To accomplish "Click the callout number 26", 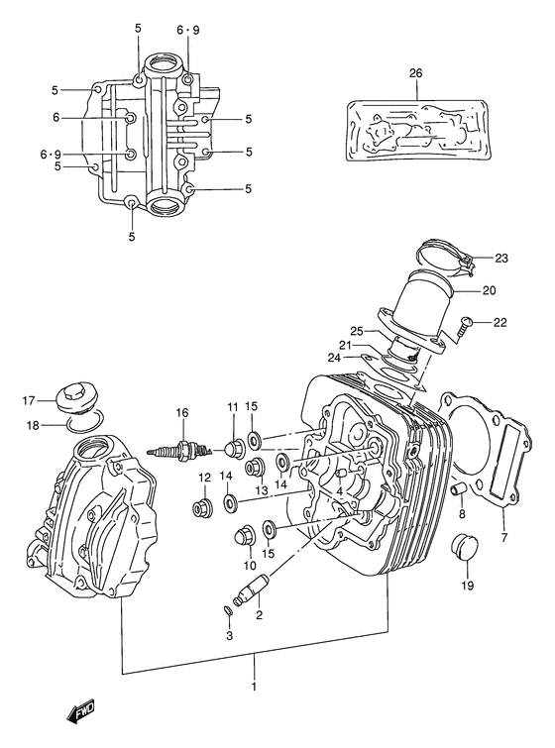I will click(x=414, y=72).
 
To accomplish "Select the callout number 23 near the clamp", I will click(x=500, y=259).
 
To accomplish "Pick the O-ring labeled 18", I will click(x=84, y=427).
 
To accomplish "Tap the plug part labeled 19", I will click(x=464, y=548).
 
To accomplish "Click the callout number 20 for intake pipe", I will click(x=489, y=291).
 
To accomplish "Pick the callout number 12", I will click(x=204, y=478).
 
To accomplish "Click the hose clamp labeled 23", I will click(x=444, y=256).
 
